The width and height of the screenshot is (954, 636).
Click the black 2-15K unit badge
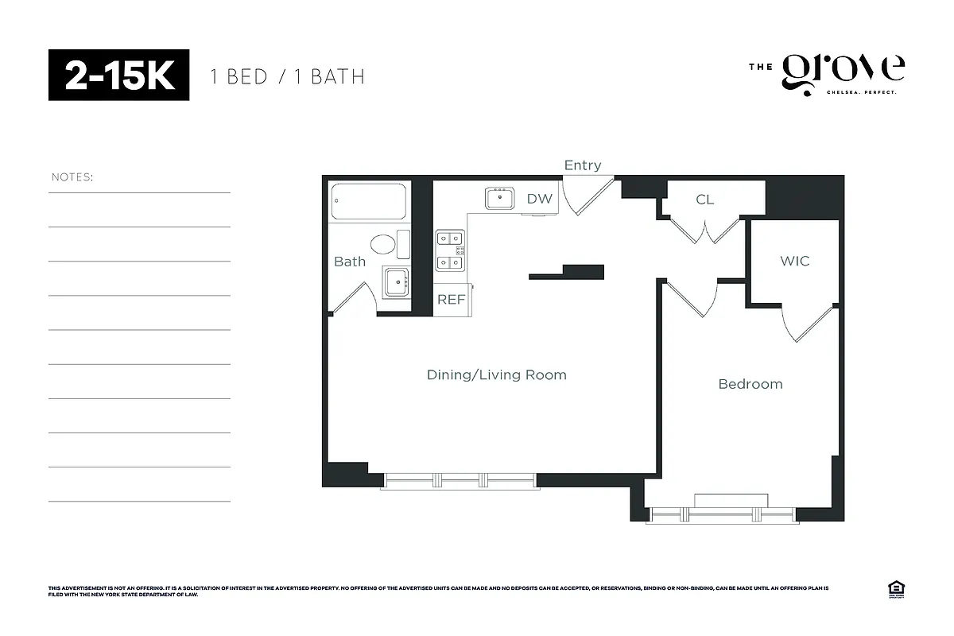pyautogui.click(x=118, y=76)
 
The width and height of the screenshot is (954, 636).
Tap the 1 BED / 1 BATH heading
pyautogui.click(x=287, y=76)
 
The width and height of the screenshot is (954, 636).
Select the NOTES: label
pyautogui.click(x=72, y=176)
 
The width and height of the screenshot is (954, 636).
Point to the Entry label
pyautogui.click(x=582, y=165)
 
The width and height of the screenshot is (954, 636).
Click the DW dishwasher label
pyautogui.click(x=539, y=199)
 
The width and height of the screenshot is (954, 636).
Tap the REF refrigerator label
pyautogui.click(x=451, y=300)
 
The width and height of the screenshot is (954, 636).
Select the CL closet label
pyautogui.click(x=704, y=200)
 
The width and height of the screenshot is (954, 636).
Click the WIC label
pyautogui.click(x=794, y=261)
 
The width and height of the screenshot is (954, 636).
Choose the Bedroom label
pyautogui.click(x=750, y=384)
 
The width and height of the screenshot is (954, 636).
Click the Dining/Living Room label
pyautogui.click(x=496, y=374)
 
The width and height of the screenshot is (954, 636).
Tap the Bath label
pyautogui.click(x=349, y=262)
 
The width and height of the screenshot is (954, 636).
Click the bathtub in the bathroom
pyautogui.click(x=369, y=202)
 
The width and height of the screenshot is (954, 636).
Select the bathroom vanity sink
pyautogui.click(x=395, y=281)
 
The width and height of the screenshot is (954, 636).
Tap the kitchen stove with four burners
pyautogui.click(x=450, y=250)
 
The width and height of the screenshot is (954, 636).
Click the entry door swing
pyautogui.click(x=587, y=196)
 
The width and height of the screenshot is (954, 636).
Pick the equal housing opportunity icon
pyautogui.click(x=894, y=589)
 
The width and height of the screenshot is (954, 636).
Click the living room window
pyautogui.click(x=460, y=480)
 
